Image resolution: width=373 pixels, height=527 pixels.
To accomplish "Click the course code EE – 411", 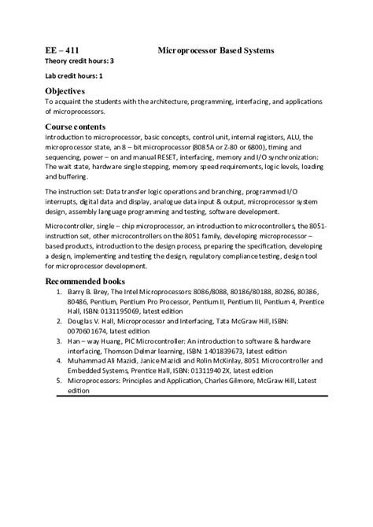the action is [61, 50].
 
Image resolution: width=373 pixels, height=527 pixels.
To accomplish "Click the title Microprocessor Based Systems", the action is [216, 50].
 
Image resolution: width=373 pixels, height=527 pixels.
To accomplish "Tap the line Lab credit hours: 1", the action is [74, 76].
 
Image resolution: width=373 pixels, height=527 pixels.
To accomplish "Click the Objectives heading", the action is [65, 91].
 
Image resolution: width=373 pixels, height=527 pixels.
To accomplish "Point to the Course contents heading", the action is [75, 126].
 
